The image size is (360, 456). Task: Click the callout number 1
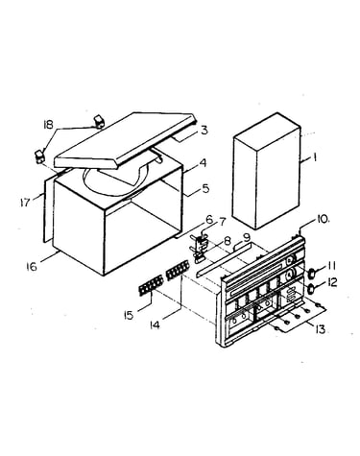315,157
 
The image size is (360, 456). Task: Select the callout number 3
204,131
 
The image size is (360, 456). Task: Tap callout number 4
203,163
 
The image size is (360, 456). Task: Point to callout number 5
204,188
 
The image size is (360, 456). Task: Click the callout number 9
247,238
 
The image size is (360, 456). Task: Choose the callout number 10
324,220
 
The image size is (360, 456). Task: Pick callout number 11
331,266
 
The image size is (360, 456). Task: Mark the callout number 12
331,282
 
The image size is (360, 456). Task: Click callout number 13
320,329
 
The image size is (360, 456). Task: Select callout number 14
155,325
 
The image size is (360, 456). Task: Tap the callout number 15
129,316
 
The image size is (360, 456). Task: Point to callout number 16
32,266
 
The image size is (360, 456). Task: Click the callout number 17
24,203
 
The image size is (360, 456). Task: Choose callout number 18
48,125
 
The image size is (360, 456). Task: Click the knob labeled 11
311,273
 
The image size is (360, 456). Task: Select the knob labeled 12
310,289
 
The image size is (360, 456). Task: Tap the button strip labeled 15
151,285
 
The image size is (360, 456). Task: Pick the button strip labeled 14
178,271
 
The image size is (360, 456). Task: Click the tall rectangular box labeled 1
267,170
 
